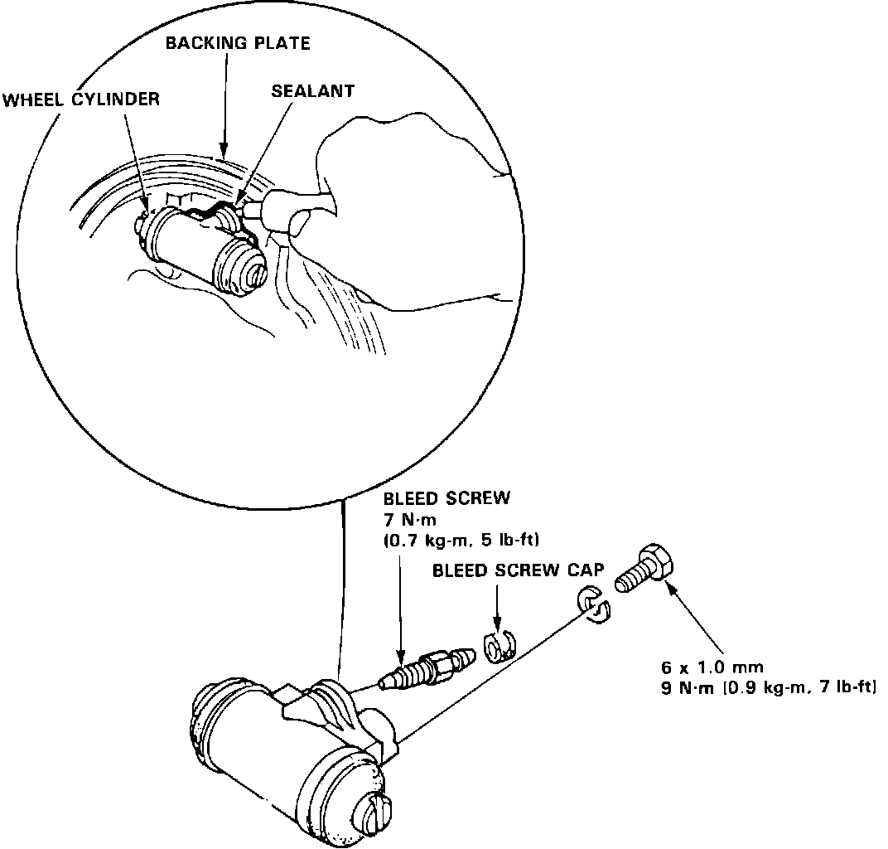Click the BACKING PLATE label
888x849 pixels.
[x=238, y=43]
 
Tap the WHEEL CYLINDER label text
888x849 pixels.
[x=80, y=100]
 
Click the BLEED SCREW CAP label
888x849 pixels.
[x=518, y=571]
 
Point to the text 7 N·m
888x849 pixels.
[x=407, y=520]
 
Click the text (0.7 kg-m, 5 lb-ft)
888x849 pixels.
[x=461, y=541]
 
